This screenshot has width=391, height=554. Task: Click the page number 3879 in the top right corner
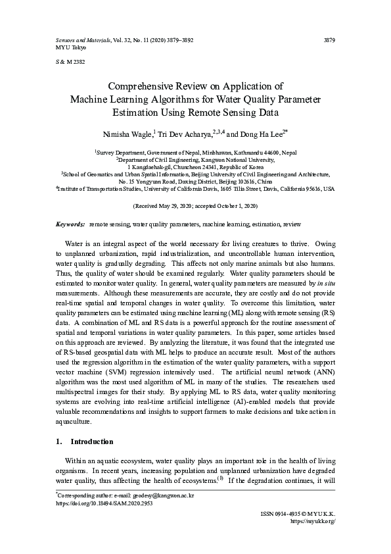(330, 40)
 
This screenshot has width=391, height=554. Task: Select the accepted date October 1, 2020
(236, 206)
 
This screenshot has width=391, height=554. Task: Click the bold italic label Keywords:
(70, 224)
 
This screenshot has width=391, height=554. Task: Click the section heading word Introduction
(91, 441)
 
